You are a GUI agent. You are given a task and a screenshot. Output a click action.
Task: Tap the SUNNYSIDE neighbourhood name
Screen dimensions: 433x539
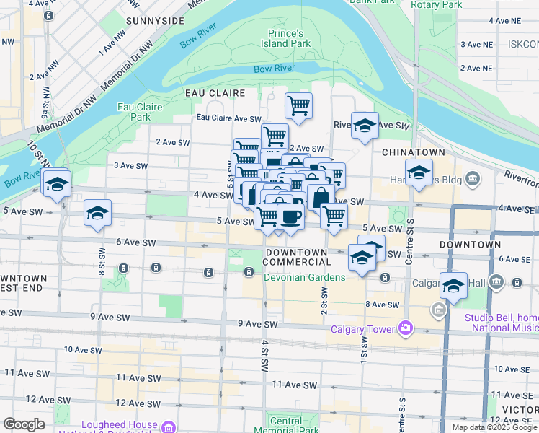tap(155, 21)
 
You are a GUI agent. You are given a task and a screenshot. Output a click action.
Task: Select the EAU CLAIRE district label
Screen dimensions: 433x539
tap(215, 93)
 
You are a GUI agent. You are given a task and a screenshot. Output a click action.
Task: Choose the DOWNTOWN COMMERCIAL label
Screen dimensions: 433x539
tap(301, 256)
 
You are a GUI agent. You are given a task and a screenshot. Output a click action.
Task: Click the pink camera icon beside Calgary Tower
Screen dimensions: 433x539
tap(405, 329)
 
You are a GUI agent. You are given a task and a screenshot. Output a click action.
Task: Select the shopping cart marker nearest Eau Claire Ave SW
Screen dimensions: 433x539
tap(298, 107)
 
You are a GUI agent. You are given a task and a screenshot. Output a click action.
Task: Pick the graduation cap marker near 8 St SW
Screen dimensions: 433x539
tap(97, 214)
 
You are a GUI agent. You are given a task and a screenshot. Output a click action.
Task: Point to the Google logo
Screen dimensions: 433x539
tap(24, 424)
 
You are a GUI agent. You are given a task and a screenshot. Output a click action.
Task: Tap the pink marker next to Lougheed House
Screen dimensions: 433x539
tap(169, 427)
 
